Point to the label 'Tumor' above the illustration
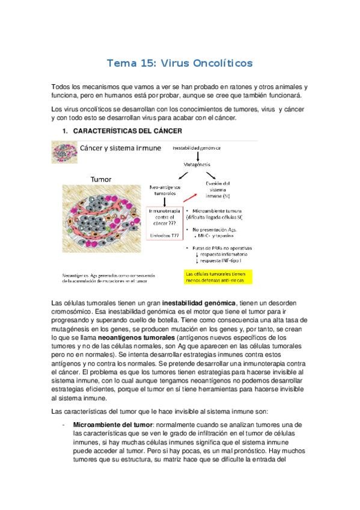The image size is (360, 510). pyautogui.click(x=101, y=179)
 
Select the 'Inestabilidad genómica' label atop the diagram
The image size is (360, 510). pyautogui.click(x=197, y=147)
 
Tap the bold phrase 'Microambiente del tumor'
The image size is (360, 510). pyautogui.click(x=110, y=425)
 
